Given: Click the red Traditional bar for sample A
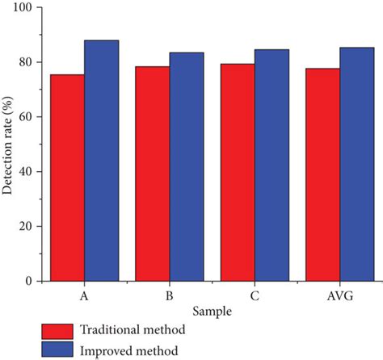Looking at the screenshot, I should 67,178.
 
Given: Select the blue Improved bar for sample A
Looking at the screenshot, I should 102,161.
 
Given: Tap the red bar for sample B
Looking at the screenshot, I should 153,174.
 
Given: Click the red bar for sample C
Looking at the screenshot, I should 238,173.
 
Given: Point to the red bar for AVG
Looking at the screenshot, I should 322,174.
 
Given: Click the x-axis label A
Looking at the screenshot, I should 84,295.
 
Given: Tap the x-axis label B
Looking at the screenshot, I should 170,295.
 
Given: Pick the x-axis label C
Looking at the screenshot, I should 255,295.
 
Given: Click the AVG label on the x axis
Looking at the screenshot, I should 339,295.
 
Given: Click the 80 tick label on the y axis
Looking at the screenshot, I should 32,62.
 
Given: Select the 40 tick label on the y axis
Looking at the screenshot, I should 32,172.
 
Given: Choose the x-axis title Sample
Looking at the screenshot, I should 212,310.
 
